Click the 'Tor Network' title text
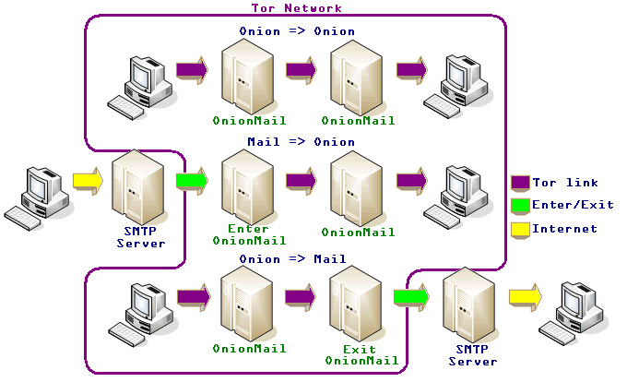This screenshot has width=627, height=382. click(x=296, y=8)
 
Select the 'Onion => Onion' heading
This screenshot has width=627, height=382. click(x=296, y=31)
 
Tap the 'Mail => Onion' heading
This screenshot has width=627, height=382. click(x=301, y=142)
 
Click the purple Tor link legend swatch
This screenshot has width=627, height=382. click(x=520, y=182)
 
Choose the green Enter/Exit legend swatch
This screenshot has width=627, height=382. click(x=520, y=205)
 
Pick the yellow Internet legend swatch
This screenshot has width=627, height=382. click(x=520, y=229)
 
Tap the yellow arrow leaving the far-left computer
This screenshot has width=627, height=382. click(x=88, y=181)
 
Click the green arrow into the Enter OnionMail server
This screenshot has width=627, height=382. click(x=192, y=181)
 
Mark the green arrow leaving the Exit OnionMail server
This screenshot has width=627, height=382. click(x=409, y=297)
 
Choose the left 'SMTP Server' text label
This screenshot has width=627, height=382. click(x=140, y=237)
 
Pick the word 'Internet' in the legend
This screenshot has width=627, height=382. click(x=565, y=229)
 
